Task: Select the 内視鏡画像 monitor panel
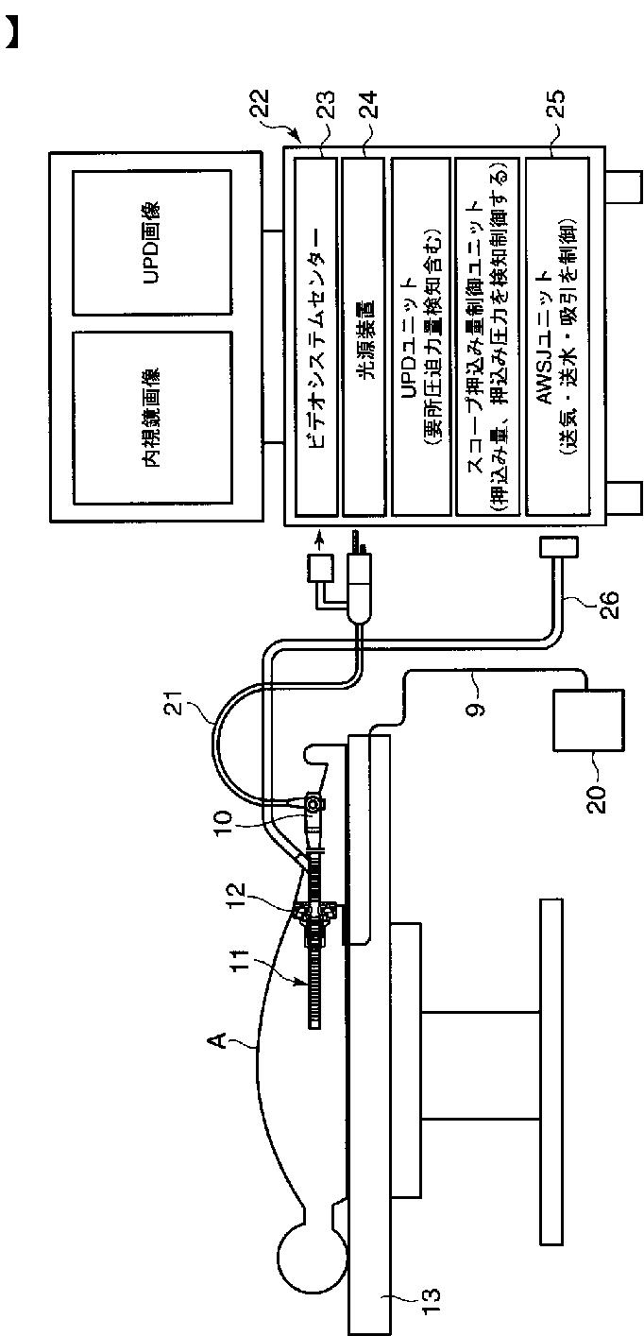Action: [154, 416]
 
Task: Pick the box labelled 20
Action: [585, 721]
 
